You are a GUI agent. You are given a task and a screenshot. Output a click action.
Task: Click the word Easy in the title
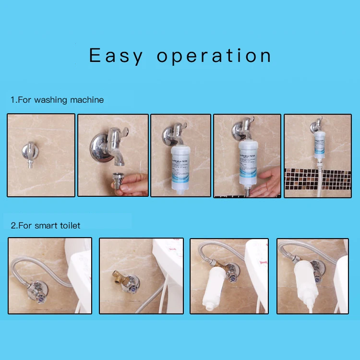pyautogui.click(x=116, y=56)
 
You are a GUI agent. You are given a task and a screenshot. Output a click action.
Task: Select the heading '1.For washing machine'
pyautogui.click(x=57, y=100)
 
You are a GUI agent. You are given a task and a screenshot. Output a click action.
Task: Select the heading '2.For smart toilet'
pyautogui.click(x=46, y=225)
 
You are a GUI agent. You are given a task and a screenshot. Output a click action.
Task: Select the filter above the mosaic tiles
pyautogui.click(x=320, y=147)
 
